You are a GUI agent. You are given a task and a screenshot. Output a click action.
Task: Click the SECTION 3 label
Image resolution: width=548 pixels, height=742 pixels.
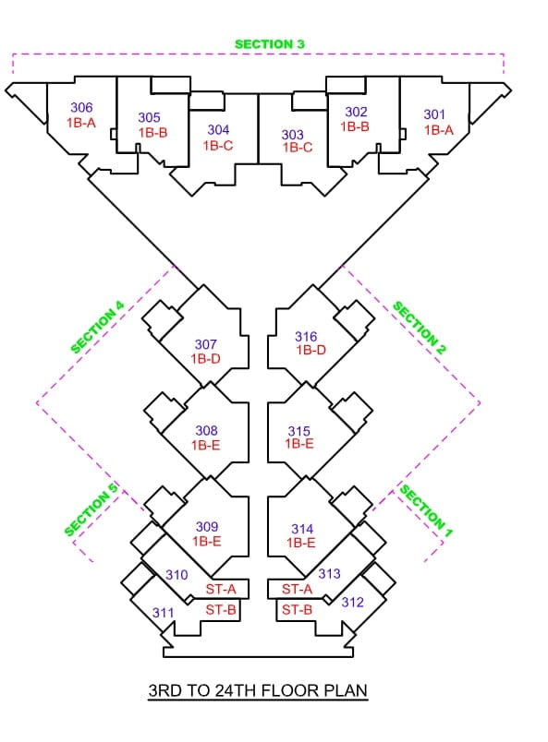coord(269,44)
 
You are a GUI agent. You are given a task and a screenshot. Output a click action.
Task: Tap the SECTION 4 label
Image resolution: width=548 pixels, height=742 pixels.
coord(97,327)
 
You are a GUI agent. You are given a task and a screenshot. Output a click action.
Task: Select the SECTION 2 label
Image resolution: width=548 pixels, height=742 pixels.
coord(420,328)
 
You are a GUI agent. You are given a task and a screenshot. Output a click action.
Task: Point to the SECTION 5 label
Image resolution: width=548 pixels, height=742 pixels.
coord(91,509)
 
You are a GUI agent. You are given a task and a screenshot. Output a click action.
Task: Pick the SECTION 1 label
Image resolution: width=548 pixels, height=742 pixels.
coord(426,510)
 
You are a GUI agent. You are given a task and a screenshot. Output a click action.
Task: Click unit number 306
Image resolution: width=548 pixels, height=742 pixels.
coord(81,107)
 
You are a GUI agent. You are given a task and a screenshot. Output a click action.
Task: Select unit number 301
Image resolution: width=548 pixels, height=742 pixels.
coord(434,114)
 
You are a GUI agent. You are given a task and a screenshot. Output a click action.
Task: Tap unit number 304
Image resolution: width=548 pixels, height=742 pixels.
coord(218,129)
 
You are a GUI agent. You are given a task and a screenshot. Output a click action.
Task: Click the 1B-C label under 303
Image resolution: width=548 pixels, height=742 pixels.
coord(298,148)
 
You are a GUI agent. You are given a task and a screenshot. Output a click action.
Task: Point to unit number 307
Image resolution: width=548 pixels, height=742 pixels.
coord(206,344)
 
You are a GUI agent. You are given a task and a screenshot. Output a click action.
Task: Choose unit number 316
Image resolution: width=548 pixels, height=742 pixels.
coord(306,337)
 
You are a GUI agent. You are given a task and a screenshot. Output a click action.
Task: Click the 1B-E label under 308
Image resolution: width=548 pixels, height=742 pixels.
coord(206,445)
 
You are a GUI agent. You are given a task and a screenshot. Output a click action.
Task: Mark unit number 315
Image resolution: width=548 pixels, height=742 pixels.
coord(299,431)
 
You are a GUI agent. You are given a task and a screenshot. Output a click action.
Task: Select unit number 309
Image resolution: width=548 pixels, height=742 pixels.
coord(207,526)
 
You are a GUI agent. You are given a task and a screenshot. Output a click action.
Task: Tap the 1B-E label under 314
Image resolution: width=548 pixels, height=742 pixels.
coord(300,543)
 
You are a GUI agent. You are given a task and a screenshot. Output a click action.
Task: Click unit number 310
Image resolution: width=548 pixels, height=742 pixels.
coord(177,574)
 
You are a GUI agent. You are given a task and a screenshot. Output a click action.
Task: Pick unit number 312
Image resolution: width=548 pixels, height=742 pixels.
coord(353,602)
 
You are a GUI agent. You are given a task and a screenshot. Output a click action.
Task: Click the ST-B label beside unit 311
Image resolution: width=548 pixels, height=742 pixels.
coord(221,610)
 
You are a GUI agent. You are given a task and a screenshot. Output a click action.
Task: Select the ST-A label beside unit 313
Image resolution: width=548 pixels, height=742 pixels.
coord(298,589)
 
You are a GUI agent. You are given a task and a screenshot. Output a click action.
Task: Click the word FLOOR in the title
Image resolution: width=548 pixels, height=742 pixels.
coord(290,690)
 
